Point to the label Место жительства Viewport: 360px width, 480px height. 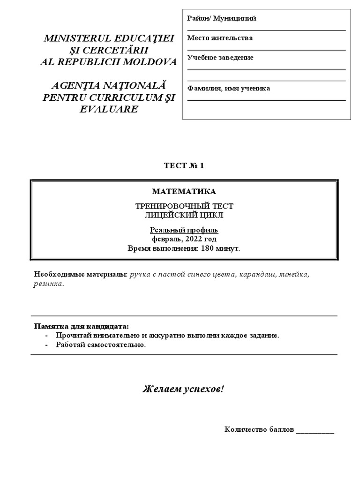220,38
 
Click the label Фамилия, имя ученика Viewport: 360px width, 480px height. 228,88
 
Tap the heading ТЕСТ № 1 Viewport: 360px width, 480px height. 184,165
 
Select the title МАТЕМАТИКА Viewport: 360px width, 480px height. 184,191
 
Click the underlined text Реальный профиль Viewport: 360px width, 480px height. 184,230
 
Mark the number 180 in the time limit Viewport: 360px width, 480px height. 208,248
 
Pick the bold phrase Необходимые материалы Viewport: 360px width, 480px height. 81,274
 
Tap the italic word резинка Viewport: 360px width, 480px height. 49,284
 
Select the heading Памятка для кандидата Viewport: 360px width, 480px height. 81,326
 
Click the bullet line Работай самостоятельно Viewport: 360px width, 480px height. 101,345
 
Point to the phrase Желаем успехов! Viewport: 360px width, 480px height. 183,390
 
